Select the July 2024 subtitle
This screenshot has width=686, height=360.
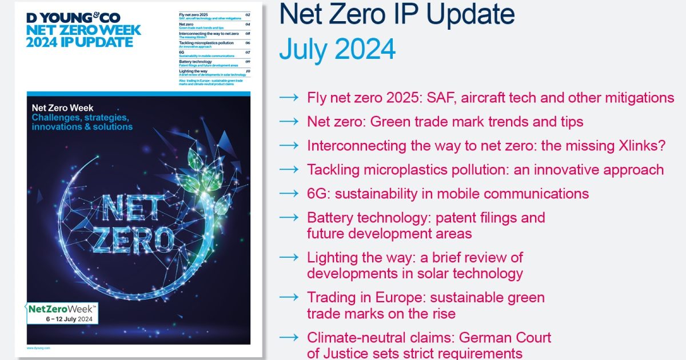pos(337,50)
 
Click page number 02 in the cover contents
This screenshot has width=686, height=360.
pos(248,14)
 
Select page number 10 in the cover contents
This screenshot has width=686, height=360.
pos(248,71)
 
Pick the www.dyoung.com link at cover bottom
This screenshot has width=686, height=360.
pos(38,347)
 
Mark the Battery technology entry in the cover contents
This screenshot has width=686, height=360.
pos(195,62)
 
